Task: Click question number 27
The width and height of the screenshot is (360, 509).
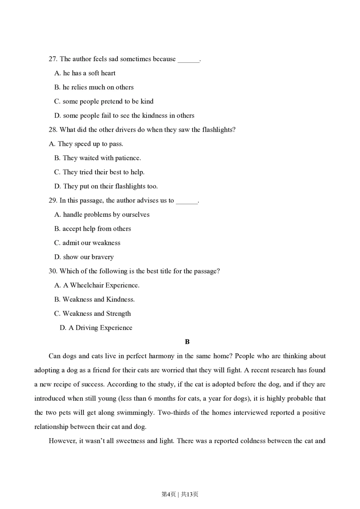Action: (53, 59)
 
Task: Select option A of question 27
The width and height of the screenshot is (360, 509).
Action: (85, 73)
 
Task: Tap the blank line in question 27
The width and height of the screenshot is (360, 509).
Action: (188, 60)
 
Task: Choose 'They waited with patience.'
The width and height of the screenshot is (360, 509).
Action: (98, 158)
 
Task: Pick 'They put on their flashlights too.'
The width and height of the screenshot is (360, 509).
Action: (106, 186)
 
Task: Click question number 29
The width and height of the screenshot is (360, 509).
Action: (53, 201)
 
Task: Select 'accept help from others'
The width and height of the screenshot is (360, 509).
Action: (93, 229)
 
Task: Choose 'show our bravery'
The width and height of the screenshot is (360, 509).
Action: (84, 257)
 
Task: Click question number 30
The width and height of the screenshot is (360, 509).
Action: (53, 271)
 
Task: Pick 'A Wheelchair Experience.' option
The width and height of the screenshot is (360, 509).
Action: (97, 285)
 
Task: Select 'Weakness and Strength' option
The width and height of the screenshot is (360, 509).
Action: (93, 314)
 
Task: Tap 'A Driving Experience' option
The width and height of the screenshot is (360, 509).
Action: (96, 328)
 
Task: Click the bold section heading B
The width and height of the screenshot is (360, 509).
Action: (187, 342)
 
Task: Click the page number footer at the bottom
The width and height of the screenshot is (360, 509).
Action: (180, 494)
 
